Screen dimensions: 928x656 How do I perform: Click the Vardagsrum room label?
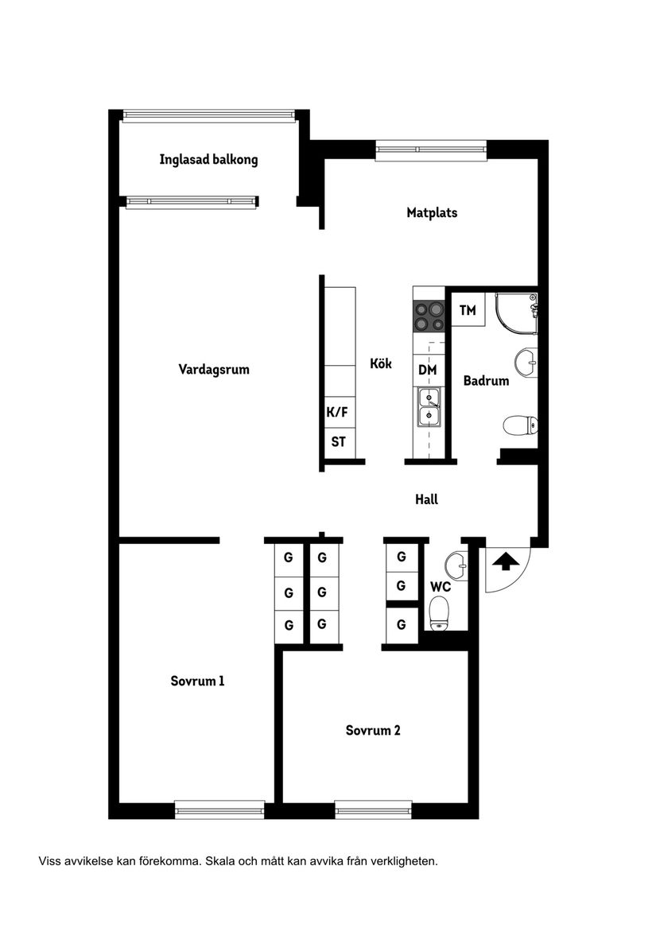pyautogui.click(x=214, y=369)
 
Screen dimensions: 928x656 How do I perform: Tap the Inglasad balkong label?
pyautogui.click(x=208, y=159)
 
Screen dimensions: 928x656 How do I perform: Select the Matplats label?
pyautogui.click(x=432, y=212)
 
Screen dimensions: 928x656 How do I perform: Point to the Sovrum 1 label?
pyautogui.click(x=198, y=681)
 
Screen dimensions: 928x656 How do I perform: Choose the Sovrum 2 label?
pyautogui.click(x=373, y=730)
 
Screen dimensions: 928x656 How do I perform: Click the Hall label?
pyautogui.click(x=426, y=499)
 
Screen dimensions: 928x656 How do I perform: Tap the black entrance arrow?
pyautogui.click(x=506, y=561)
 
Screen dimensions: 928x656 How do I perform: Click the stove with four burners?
pyautogui.click(x=428, y=316)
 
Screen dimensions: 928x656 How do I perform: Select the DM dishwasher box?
pyautogui.click(x=428, y=369)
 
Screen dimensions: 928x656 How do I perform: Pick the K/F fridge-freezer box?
pyautogui.click(x=338, y=412)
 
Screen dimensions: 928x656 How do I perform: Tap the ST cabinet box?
pyautogui.click(x=338, y=441)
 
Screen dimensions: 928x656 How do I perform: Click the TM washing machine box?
pyautogui.click(x=468, y=310)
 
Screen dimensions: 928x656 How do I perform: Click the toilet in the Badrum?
pyautogui.click(x=520, y=425)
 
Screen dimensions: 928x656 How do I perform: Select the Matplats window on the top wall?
pyautogui.click(x=430, y=149)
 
